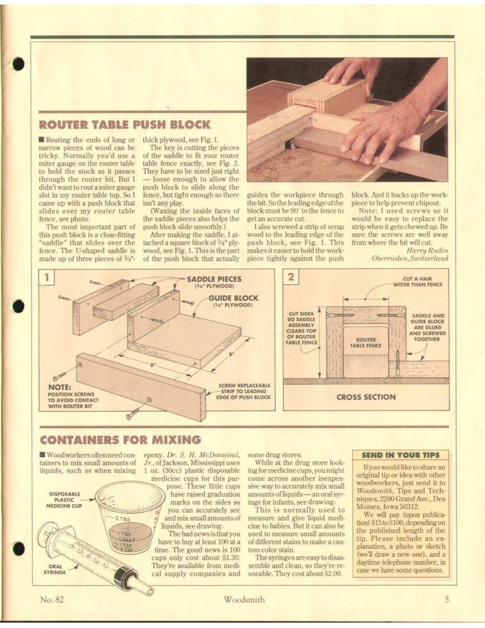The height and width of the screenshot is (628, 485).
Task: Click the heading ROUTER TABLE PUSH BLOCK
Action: (x=124, y=124)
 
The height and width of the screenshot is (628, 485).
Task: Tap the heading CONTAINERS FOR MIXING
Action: (x=120, y=440)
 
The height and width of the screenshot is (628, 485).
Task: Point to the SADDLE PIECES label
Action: (x=214, y=280)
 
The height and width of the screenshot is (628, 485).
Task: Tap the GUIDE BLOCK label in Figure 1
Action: (x=233, y=298)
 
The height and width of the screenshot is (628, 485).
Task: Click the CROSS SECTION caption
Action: (x=366, y=397)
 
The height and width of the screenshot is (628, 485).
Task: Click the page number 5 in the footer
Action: (x=447, y=599)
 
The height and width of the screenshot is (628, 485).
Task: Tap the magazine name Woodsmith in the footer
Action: (x=243, y=599)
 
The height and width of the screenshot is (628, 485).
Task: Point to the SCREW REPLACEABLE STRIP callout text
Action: (x=244, y=391)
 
